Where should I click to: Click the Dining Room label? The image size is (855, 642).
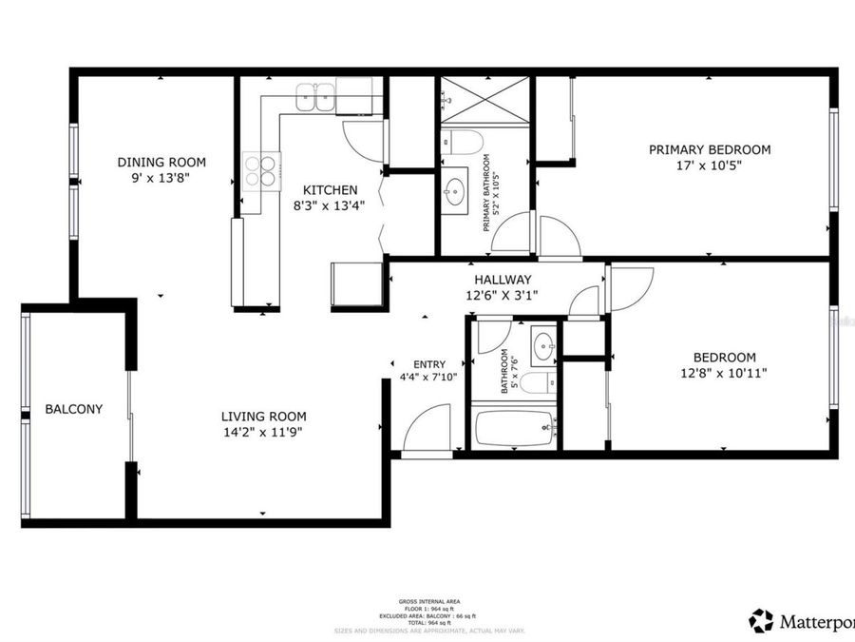point(161,162)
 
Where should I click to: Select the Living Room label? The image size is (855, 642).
point(263,416)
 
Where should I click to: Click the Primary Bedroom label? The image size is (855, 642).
point(709,149)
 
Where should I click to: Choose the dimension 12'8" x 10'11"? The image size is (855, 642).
point(724,373)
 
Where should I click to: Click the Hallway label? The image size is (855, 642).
point(503,280)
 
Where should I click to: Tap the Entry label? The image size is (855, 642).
point(429,364)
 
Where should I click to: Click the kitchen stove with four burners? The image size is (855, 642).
point(260,169)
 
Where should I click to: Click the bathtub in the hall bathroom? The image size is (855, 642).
point(514,428)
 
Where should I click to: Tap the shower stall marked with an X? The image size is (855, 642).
point(484,98)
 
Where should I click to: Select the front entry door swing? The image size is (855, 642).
point(428,430)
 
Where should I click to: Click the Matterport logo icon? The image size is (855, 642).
point(761,621)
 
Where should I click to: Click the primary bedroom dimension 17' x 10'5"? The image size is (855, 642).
point(709,165)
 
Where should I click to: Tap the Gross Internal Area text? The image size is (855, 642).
point(429,602)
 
